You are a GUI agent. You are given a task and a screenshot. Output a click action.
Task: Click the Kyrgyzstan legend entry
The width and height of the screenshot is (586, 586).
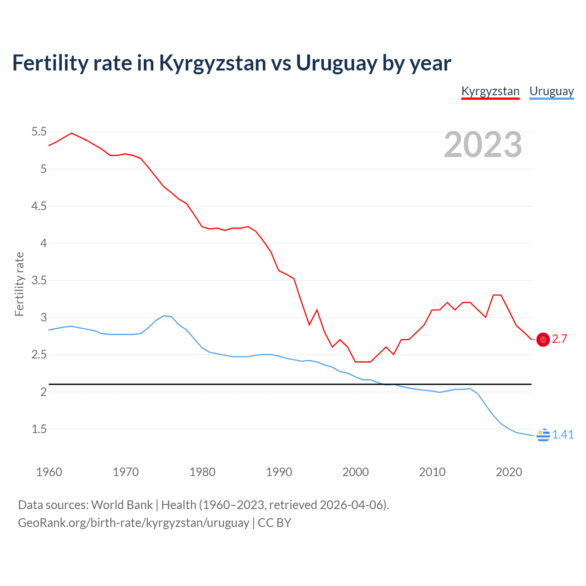coord(490,91)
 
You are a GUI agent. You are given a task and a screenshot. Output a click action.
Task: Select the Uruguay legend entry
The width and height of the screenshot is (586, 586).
coord(551,91)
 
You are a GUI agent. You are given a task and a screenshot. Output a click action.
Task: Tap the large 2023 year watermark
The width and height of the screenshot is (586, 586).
coord(483,145)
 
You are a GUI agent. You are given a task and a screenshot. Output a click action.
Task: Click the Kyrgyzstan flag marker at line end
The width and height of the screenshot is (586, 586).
coord(543,339)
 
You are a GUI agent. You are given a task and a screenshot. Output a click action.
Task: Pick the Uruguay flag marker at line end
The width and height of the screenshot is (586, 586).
coord(543,435)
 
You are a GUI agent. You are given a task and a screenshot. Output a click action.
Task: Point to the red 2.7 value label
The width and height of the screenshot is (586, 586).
coord(559,339)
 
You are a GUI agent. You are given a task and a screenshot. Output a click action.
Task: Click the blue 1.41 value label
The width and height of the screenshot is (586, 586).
coord(563,435)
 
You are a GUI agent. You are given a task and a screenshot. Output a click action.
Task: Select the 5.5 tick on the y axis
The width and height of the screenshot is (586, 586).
coord(39,132)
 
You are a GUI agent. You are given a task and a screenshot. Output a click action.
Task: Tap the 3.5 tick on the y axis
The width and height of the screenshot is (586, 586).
coord(39,280)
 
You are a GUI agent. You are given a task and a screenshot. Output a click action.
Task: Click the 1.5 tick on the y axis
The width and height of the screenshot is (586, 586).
coord(39,429)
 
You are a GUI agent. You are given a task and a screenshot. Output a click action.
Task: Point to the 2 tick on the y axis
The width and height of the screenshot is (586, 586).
coord(43,392)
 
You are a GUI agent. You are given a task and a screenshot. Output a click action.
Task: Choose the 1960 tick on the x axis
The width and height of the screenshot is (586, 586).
coord(49,472)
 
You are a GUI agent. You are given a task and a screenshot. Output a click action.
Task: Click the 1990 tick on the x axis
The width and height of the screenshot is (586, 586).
coord(279,472)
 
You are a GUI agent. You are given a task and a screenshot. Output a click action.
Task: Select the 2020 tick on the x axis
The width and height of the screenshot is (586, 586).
coord(509,472)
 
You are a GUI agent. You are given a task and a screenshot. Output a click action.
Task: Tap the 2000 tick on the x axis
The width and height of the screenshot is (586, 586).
coord(356,472)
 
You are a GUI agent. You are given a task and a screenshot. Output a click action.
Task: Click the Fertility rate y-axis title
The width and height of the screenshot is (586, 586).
coord(19,284)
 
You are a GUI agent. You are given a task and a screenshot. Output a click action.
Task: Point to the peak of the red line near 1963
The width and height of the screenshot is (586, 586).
coord(71,133)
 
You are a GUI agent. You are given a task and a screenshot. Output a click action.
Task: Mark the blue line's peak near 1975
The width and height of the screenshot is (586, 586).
coord(164,316)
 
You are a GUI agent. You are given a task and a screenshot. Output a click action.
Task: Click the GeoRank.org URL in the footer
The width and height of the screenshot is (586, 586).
coord(133,523)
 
